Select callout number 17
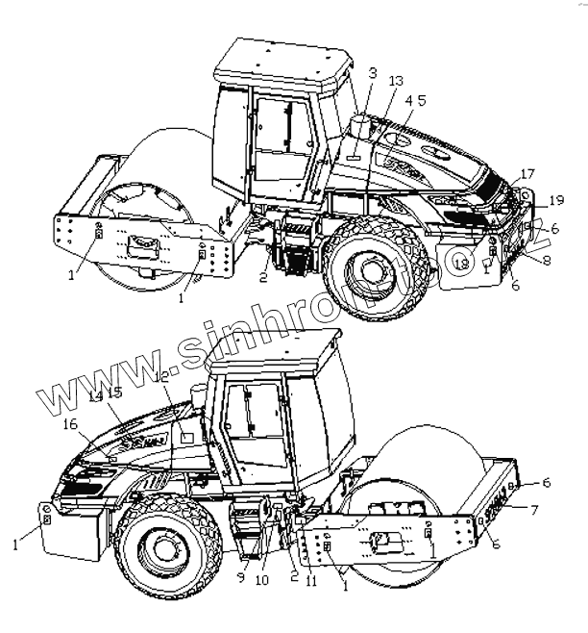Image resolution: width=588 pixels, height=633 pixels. [527, 174]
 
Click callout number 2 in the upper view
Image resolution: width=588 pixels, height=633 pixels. [262, 278]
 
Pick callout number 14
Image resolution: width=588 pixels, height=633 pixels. [95, 395]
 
